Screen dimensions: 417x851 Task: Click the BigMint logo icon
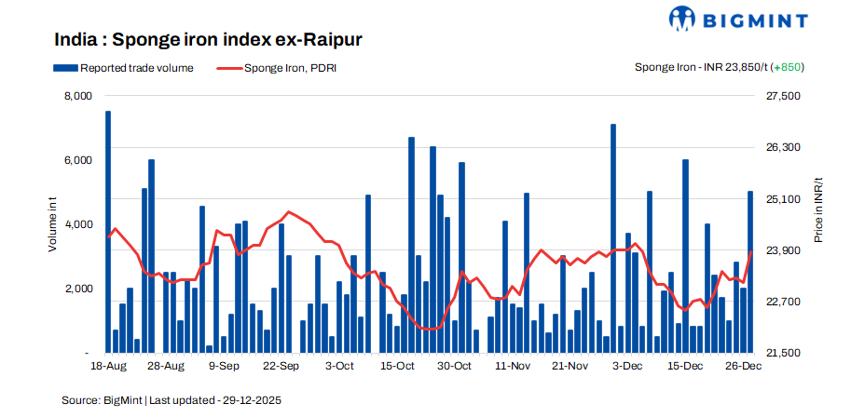tap(681, 19)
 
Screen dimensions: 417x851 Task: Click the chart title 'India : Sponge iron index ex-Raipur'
tap(208, 40)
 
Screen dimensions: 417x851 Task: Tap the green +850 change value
tap(789, 68)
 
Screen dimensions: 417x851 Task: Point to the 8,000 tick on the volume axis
tap(77, 96)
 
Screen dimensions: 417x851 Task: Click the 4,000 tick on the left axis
tap(77, 224)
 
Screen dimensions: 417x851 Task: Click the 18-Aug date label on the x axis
tap(109, 367)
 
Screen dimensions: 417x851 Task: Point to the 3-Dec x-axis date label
tap(627, 367)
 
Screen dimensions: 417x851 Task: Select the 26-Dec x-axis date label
tap(744, 367)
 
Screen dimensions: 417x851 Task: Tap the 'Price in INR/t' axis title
tap(818, 209)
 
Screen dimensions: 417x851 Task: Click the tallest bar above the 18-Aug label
tap(108, 233)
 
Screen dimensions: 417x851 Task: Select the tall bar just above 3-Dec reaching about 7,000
tap(613, 238)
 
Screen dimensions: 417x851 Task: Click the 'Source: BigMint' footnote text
tap(172, 400)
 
